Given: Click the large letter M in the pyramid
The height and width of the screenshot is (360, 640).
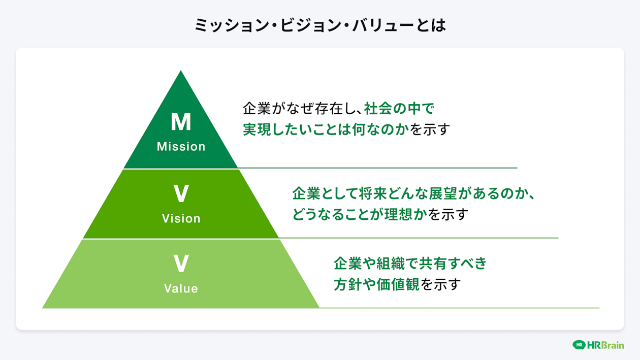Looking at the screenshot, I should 181,122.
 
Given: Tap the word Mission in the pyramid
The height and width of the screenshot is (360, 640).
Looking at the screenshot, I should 181,147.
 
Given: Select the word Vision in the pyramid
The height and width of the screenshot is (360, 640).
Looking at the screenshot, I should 181,218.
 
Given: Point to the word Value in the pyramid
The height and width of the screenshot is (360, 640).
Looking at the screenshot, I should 181,288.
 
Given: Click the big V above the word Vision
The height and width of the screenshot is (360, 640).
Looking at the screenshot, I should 181,194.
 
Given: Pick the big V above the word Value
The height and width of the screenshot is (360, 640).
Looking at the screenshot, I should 181,264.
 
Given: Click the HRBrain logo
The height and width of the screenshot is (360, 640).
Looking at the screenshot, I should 598,345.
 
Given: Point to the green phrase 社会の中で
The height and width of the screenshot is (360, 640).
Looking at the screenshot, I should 400,109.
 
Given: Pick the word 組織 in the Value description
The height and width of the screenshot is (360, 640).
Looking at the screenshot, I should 389,264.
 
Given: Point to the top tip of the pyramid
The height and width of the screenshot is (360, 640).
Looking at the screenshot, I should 181,72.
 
